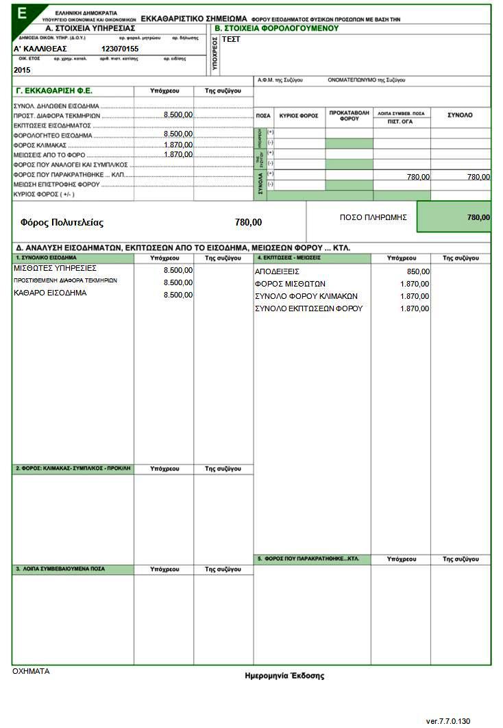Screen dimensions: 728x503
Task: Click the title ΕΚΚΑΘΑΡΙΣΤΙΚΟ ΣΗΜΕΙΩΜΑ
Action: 193,19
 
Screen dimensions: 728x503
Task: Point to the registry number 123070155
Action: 119,49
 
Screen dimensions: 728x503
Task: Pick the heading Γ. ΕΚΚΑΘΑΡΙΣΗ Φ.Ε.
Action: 53,90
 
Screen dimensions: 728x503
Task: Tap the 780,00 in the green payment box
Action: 478,217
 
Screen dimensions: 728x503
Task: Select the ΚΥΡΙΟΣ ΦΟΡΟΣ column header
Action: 299,116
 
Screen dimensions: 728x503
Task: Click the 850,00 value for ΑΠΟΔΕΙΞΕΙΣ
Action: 418,271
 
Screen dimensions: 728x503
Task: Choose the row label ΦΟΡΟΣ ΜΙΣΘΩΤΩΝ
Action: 290,284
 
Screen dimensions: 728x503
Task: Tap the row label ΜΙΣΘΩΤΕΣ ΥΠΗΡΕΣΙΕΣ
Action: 55,268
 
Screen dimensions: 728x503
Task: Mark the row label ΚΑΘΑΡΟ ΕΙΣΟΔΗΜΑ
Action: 50,293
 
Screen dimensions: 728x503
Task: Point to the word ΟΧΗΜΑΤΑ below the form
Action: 32,672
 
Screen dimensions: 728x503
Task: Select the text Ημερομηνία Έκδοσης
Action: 284,676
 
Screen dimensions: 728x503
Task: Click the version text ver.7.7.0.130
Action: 448,721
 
